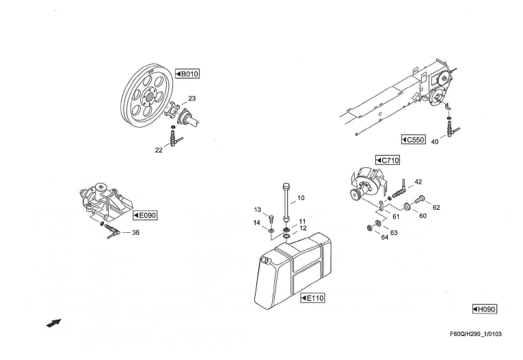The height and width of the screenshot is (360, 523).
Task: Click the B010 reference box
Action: point(187,74)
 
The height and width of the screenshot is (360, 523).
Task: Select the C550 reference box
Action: point(414,139)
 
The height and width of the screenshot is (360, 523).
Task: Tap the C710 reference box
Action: point(388,161)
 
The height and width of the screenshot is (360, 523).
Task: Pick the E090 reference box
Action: point(145,215)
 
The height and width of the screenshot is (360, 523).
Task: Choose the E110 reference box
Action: point(312,298)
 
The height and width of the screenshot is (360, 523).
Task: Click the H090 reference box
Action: point(484,309)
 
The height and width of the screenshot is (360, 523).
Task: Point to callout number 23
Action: point(192,98)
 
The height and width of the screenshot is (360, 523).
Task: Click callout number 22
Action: point(159,150)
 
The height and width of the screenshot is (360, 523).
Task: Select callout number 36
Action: point(135,233)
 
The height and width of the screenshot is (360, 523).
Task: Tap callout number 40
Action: point(435,142)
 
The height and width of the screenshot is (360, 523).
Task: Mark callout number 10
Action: point(301,198)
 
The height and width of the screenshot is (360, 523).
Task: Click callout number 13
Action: point(257,210)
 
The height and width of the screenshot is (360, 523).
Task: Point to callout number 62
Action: point(436,208)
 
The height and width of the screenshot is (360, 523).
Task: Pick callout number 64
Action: point(385,238)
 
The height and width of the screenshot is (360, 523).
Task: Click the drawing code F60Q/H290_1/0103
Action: point(476,334)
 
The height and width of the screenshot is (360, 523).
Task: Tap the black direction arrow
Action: point(54,323)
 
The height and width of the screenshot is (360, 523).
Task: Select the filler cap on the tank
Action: point(265,260)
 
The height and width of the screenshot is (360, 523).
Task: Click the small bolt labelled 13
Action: point(271,219)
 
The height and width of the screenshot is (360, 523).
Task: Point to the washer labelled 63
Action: point(378,223)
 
